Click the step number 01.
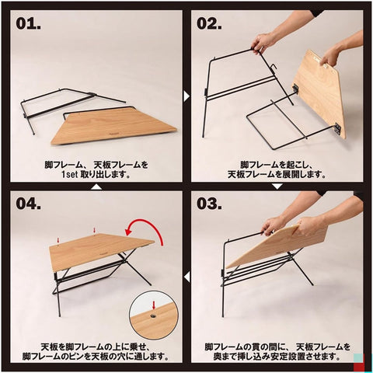(x=28, y=23)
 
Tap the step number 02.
(x=209, y=23)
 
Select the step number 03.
(x=209, y=204)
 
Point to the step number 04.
(x=28, y=204)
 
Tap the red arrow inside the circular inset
(x=154, y=305)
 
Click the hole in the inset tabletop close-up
(x=153, y=315)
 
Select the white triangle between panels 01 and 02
(x=186, y=96)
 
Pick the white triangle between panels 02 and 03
(x=277, y=186)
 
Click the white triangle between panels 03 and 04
(x=186, y=277)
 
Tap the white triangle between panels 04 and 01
(x=96, y=186)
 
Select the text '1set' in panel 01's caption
(x=70, y=174)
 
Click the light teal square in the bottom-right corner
(x=358, y=358)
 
